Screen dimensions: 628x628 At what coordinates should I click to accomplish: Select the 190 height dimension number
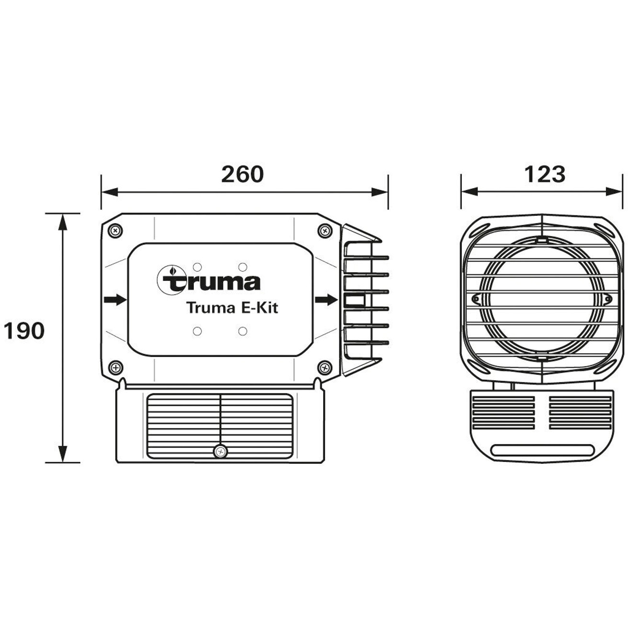[24, 331]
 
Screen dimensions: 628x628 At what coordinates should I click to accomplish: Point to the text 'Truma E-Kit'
[232, 308]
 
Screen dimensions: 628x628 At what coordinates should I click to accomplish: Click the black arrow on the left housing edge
[115, 300]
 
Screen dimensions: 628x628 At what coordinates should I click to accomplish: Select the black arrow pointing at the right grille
[326, 300]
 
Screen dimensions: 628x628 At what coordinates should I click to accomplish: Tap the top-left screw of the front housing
[115, 231]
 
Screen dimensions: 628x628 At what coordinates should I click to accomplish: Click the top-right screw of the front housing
[325, 231]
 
